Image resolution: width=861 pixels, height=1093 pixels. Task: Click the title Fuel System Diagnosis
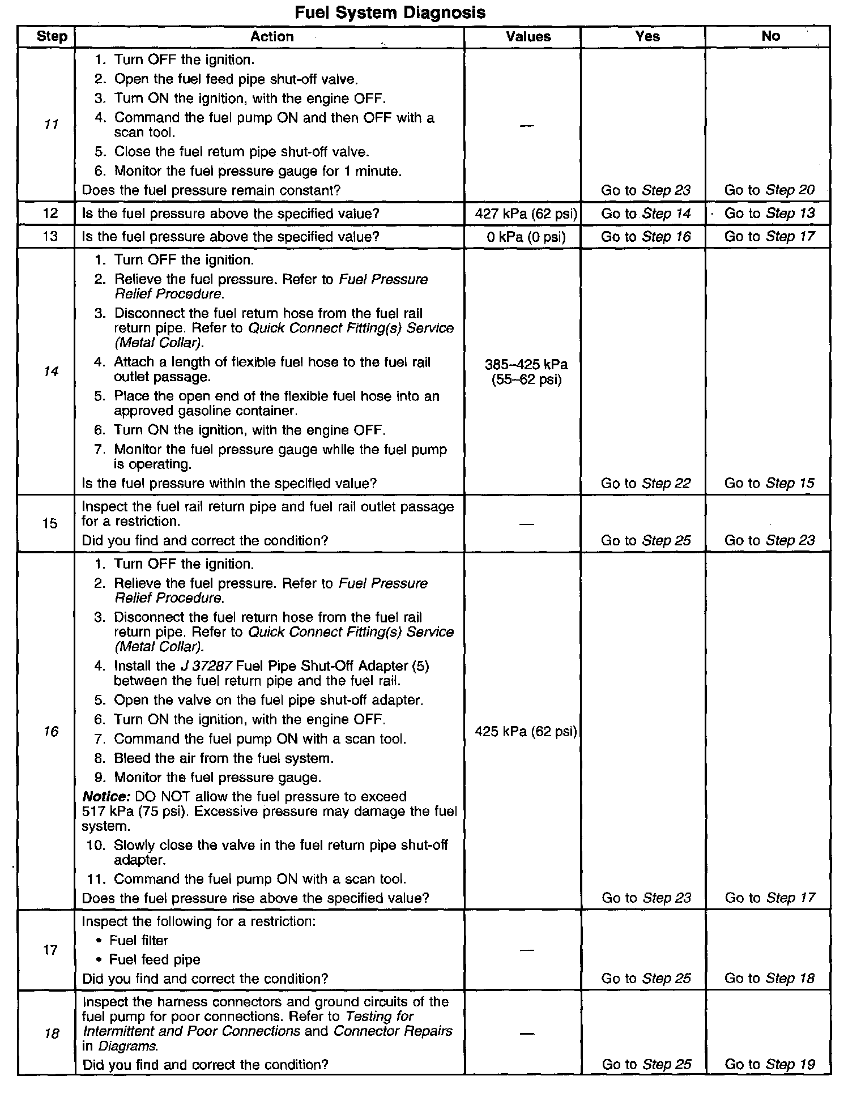pyautogui.click(x=390, y=12)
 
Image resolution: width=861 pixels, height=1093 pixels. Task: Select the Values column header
pyautogui.click(x=528, y=37)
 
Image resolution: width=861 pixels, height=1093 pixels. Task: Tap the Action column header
pyautogui.click(x=272, y=37)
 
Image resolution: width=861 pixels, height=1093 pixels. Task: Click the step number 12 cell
pyautogui.click(x=50, y=214)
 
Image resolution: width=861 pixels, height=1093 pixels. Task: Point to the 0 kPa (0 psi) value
pyautogui.click(x=526, y=237)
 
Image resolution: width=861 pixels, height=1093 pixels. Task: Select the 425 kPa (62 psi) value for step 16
pyautogui.click(x=526, y=732)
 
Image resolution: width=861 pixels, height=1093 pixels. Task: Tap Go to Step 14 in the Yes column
pyautogui.click(x=646, y=214)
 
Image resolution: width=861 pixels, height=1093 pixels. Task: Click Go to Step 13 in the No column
pyautogui.click(x=769, y=214)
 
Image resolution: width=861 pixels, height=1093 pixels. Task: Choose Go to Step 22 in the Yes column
pyautogui.click(x=646, y=483)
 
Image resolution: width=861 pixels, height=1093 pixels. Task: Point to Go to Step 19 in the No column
pyautogui.click(x=769, y=1064)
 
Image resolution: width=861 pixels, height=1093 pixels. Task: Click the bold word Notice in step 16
pyautogui.click(x=106, y=797)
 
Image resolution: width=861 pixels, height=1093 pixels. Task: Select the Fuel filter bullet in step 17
pyautogui.click(x=139, y=940)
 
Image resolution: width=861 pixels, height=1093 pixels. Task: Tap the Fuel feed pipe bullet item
pyautogui.click(x=155, y=959)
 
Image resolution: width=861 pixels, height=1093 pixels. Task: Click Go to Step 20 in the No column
pyautogui.click(x=769, y=190)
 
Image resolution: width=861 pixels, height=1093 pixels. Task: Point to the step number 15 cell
pyautogui.click(x=50, y=523)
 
